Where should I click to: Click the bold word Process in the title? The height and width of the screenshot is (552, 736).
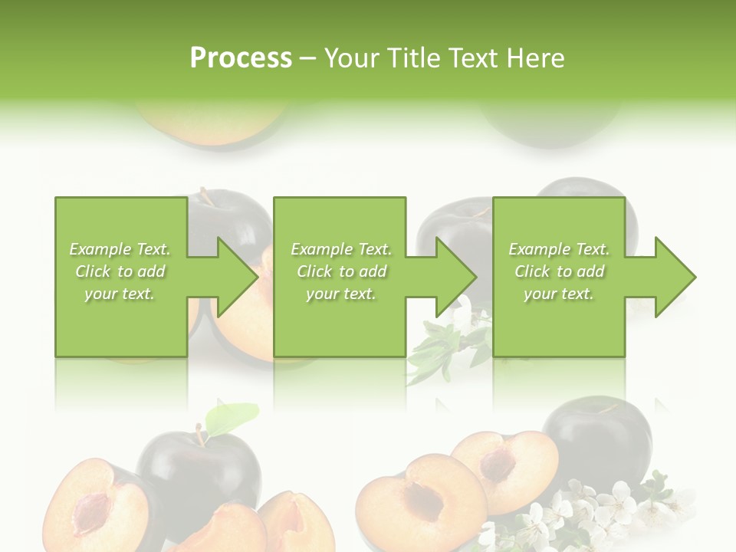pyautogui.click(x=241, y=58)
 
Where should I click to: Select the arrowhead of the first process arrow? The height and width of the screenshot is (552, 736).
pyautogui.click(x=237, y=277)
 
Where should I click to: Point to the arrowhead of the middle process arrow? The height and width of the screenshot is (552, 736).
pyautogui.click(x=455, y=277)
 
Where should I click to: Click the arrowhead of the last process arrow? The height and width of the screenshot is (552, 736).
pyautogui.click(x=675, y=277)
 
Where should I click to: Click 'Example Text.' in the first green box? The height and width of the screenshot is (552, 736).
pyautogui.click(x=120, y=249)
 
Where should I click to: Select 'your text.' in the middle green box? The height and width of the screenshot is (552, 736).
pyautogui.click(x=340, y=294)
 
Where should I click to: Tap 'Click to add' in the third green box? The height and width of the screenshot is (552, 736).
pyautogui.click(x=559, y=271)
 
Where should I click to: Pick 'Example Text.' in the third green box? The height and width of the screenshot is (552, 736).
pyautogui.click(x=559, y=249)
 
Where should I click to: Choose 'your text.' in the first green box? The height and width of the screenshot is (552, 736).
pyautogui.click(x=120, y=294)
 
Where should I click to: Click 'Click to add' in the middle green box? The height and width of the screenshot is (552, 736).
pyautogui.click(x=340, y=271)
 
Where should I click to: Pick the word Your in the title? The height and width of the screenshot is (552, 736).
pyautogui.click(x=353, y=58)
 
